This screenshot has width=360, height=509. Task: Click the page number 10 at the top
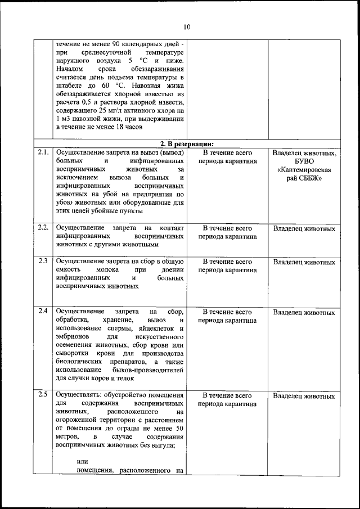(187, 26)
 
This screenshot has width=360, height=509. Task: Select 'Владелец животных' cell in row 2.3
(304, 262)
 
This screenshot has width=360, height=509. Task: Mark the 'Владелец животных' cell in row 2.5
(304, 396)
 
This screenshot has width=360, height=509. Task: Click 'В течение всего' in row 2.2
(227, 228)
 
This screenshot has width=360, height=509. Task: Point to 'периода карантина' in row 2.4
(227, 321)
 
